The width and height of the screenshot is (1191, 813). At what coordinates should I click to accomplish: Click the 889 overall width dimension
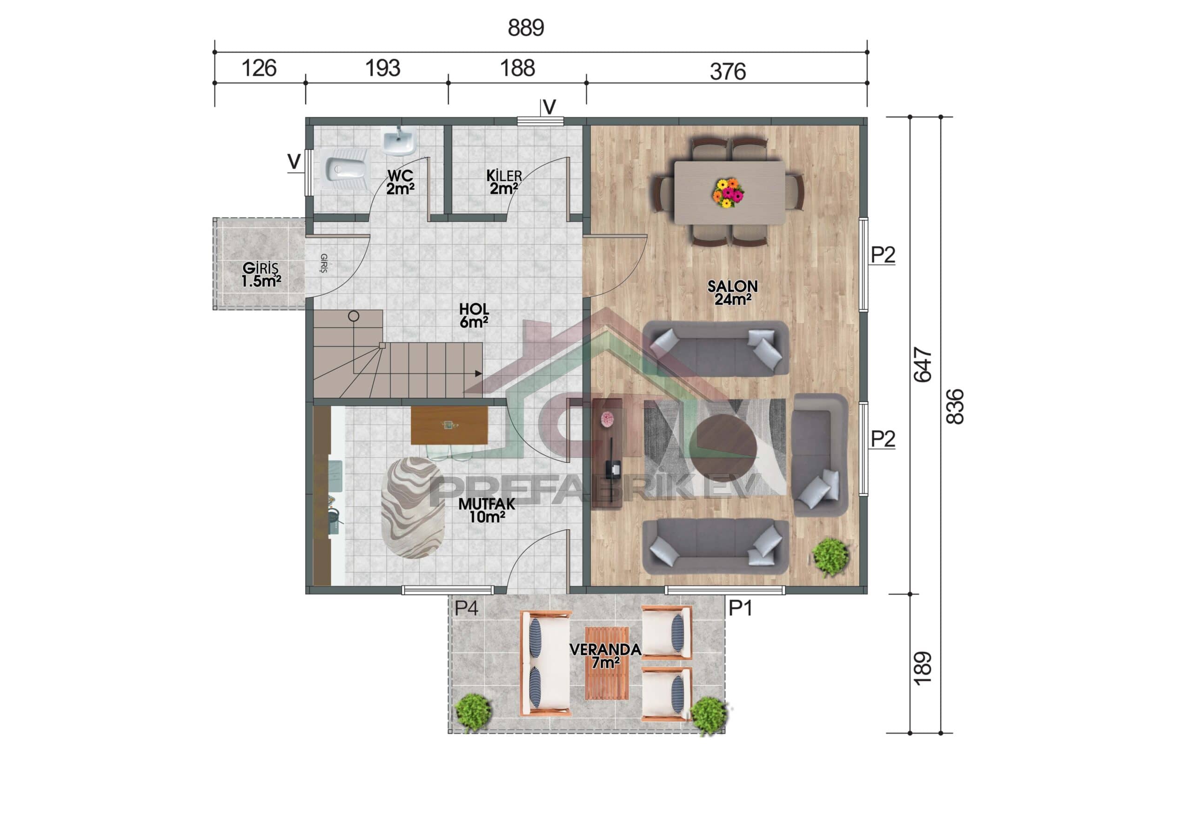coord(525,27)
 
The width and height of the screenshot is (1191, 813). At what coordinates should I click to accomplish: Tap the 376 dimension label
coord(727,71)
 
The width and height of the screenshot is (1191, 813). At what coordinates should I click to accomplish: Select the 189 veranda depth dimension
coord(922,668)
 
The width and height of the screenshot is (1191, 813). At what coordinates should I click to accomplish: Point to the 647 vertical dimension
coord(923,365)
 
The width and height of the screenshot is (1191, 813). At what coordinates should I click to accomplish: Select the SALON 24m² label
coord(732,293)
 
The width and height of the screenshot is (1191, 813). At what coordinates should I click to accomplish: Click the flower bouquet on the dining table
coord(728,193)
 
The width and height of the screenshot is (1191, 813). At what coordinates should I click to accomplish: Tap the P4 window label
coord(466,608)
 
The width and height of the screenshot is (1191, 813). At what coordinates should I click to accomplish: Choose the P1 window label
coord(740,608)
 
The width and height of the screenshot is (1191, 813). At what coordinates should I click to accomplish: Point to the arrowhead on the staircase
coord(478,373)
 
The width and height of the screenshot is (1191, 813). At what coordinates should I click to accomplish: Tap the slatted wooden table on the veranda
coord(607,663)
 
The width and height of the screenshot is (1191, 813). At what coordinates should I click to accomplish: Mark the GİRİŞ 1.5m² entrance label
coord(261,274)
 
